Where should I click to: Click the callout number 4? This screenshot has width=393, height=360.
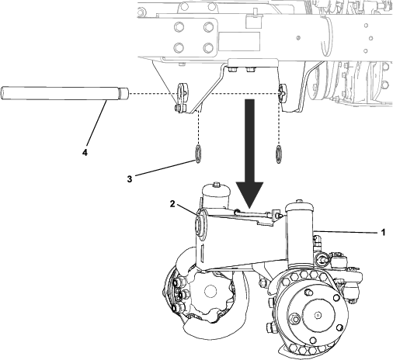pos(85,153)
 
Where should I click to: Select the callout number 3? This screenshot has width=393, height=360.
pos(130,179)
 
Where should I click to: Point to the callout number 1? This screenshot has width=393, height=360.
pos(382,231)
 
